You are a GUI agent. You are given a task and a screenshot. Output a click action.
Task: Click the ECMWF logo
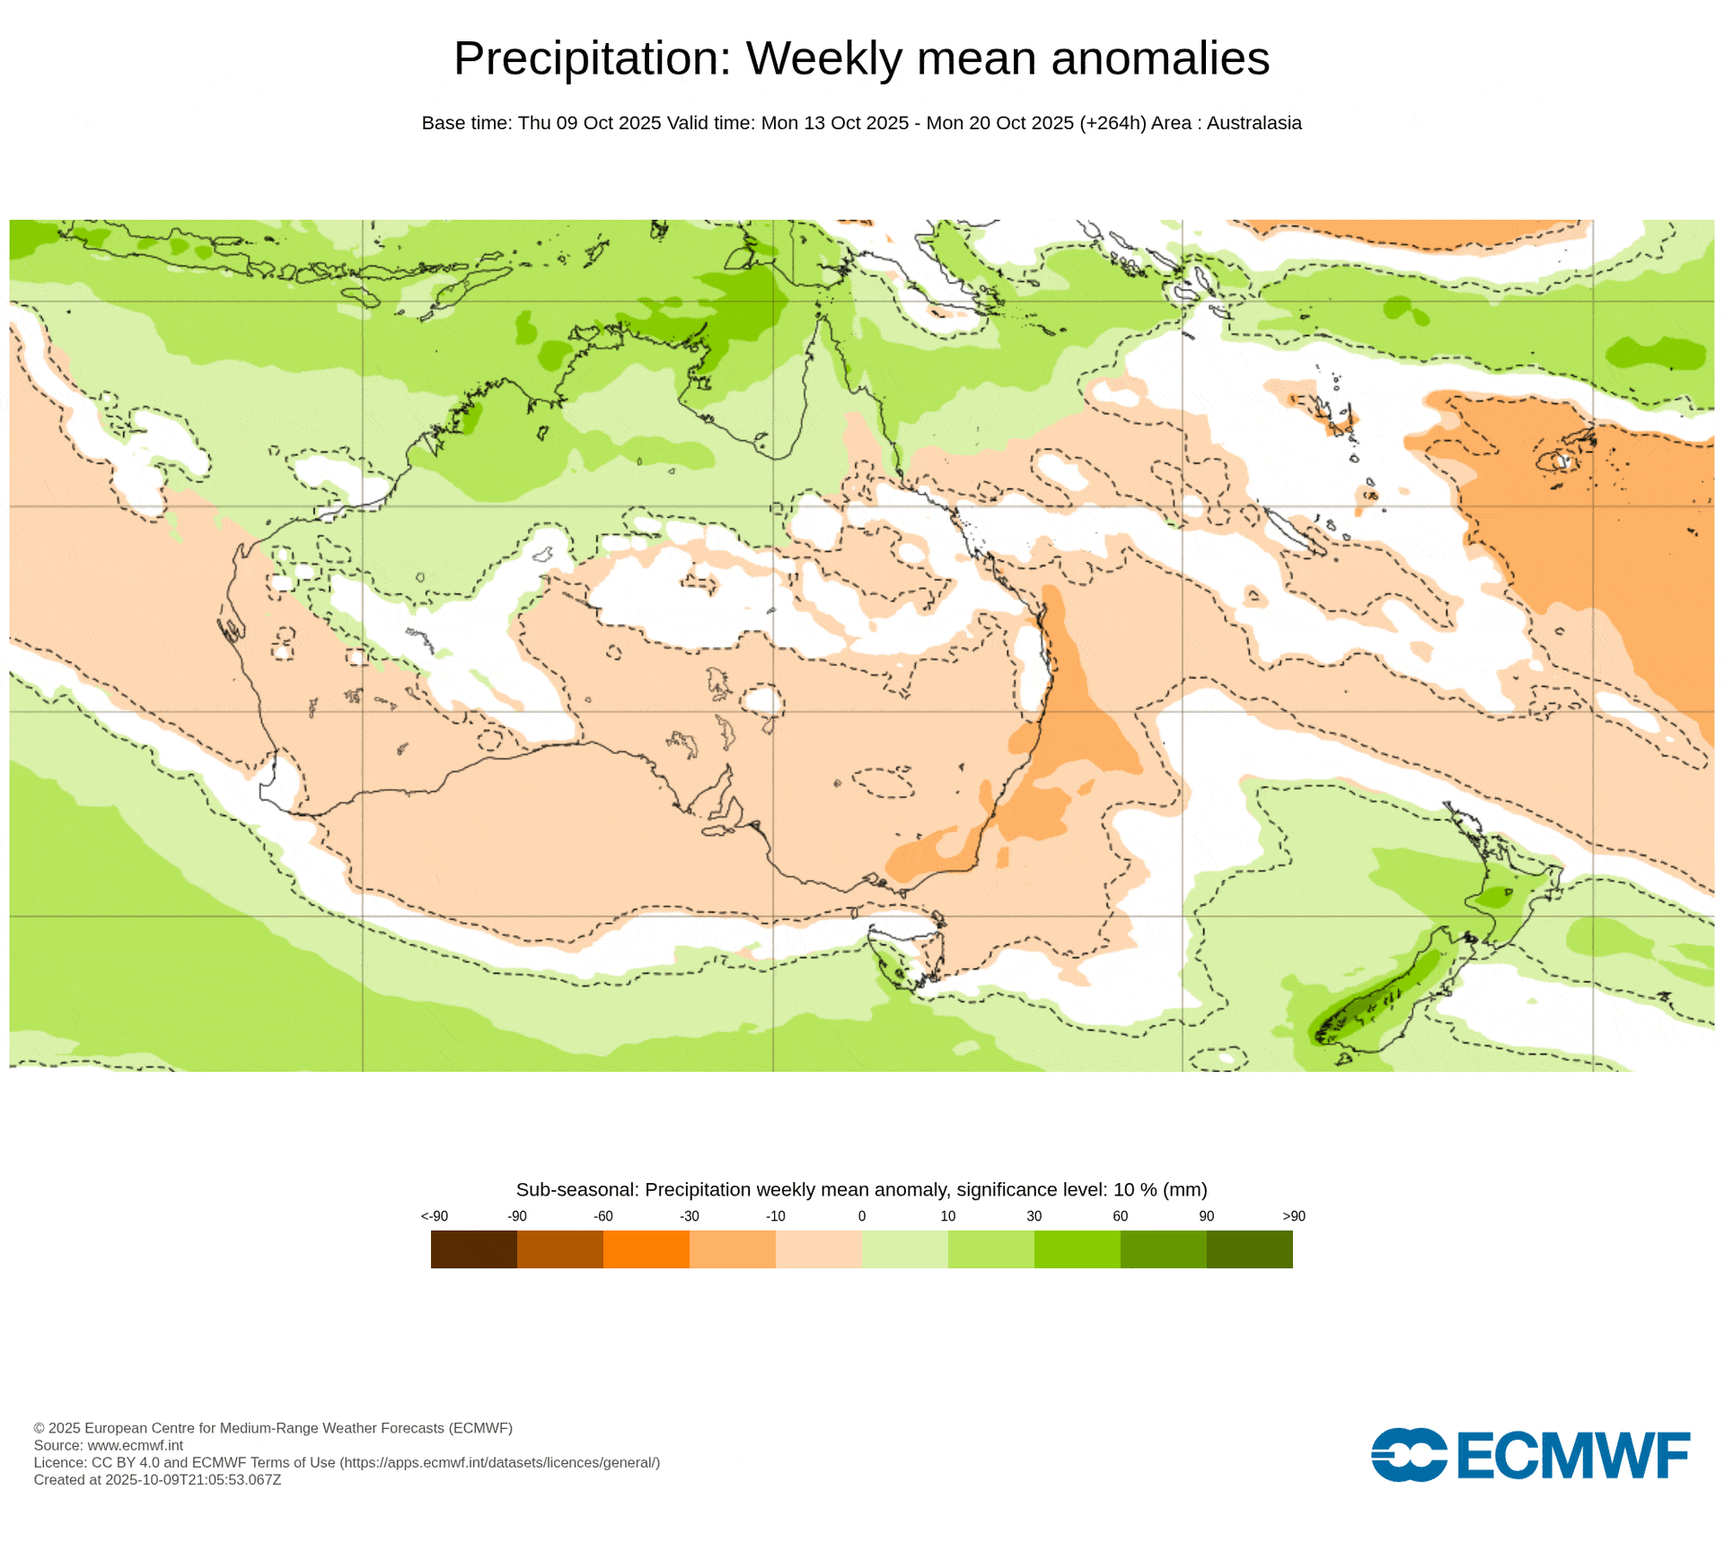(x=1529, y=1455)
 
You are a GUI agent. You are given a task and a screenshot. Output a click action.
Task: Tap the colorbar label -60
(x=603, y=1216)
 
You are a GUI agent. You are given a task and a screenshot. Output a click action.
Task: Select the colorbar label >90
(x=1293, y=1216)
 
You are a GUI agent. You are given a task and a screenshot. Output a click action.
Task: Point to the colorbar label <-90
(x=434, y=1216)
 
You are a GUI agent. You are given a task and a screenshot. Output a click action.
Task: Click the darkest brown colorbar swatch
(x=473, y=1249)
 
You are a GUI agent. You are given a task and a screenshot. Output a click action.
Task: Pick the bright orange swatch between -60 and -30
(x=646, y=1249)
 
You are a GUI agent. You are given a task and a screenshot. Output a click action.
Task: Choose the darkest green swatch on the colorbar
(x=1249, y=1249)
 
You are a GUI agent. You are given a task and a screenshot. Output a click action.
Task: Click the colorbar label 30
(x=1034, y=1216)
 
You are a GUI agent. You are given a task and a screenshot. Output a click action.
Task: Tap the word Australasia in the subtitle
(x=1253, y=123)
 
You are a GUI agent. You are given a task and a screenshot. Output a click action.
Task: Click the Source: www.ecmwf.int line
(x=108, y=1445)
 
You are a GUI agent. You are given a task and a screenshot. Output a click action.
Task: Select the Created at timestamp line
(x=157, y=1480)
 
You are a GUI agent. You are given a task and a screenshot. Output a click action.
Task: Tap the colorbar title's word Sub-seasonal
(x=576, y=1189)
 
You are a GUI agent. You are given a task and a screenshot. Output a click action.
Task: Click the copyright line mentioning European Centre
(x=273, y=1428)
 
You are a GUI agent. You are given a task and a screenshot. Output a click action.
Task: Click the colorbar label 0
(x=861, y=1216)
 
